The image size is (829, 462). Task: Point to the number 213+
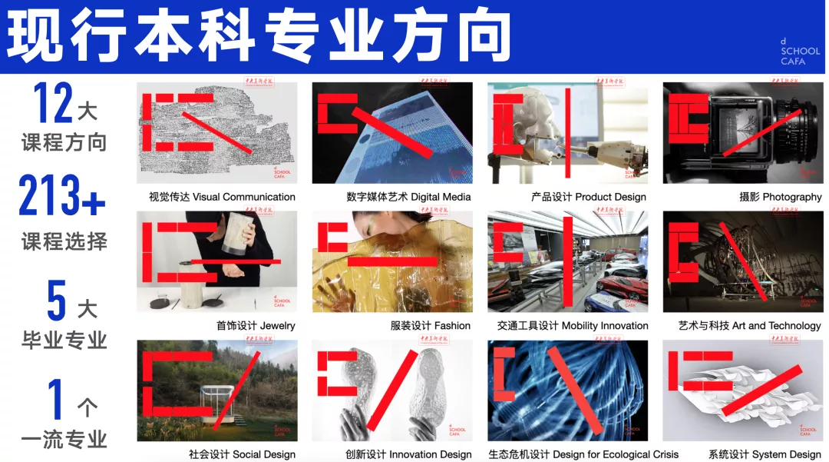click(62, 196)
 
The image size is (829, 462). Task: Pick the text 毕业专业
click(64, 339)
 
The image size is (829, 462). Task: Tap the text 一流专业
click(64, 440)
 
